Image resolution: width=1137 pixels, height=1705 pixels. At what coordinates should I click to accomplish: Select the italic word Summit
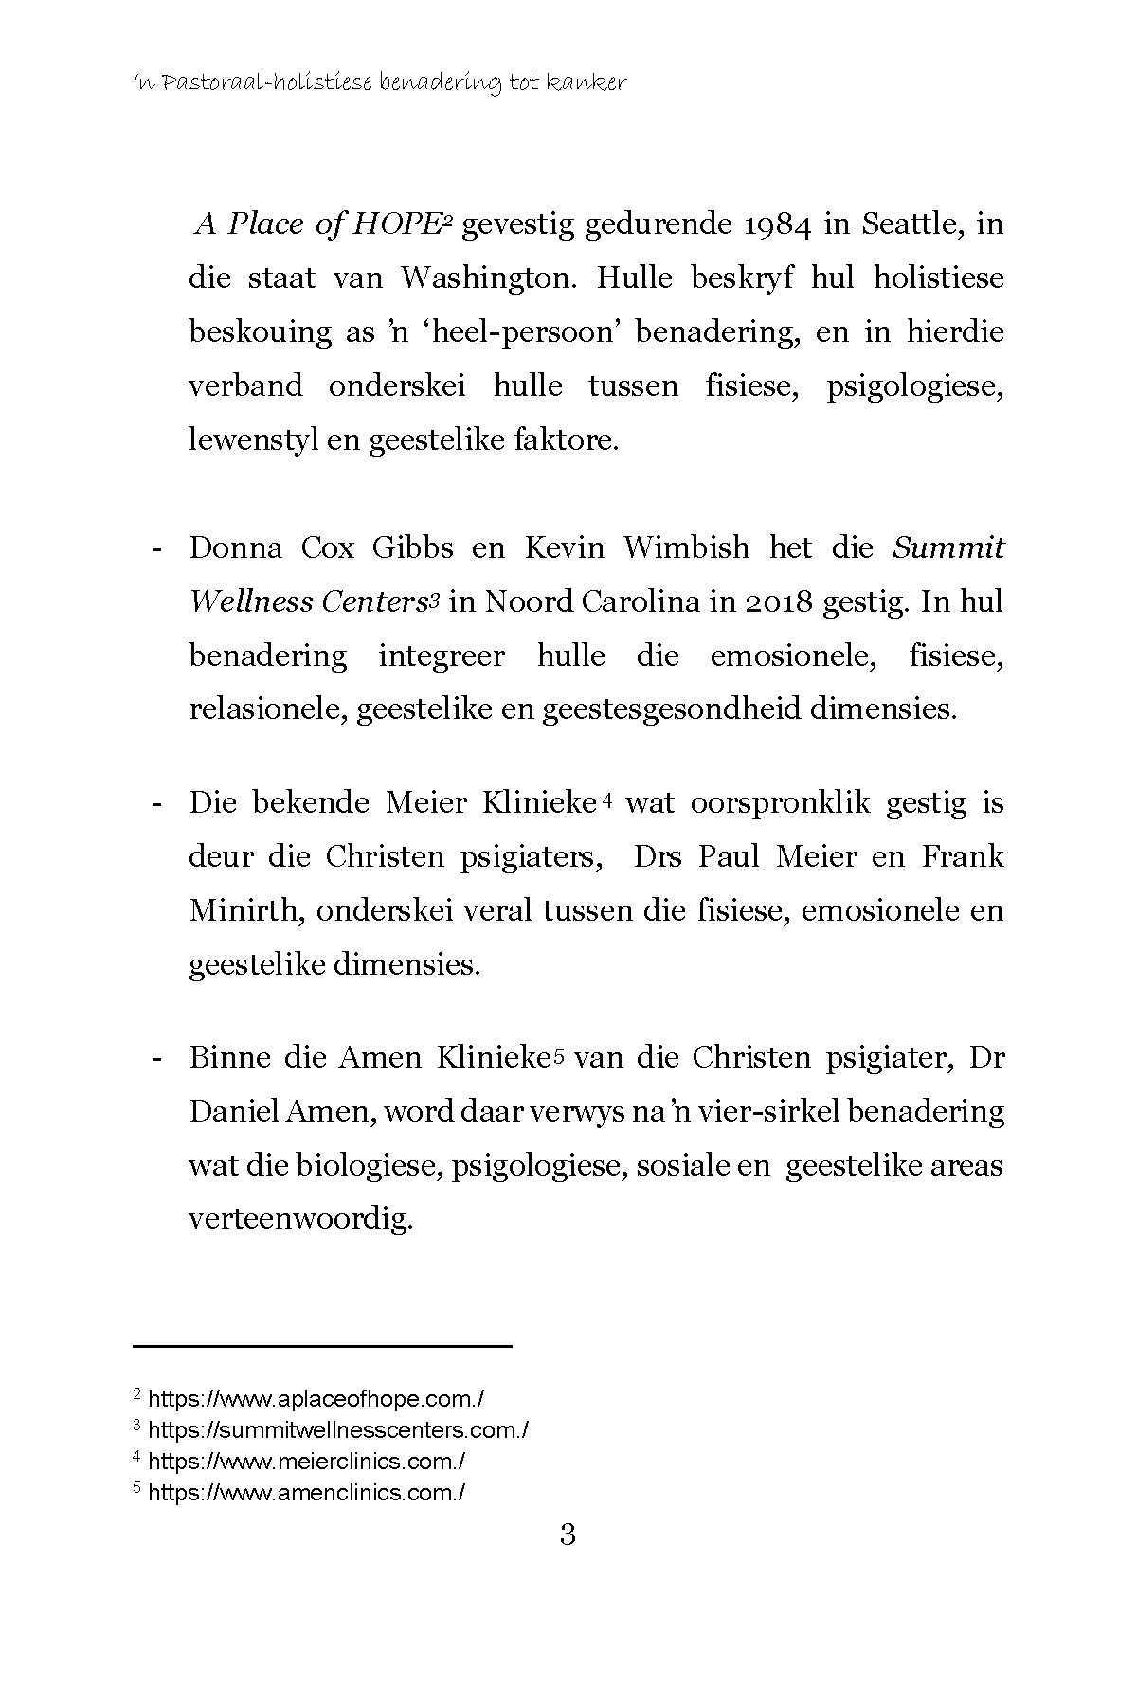(948, 548)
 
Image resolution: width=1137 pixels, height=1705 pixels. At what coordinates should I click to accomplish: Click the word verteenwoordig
(301, 1218)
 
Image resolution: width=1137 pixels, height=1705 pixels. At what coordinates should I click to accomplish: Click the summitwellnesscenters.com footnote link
(338, 1429)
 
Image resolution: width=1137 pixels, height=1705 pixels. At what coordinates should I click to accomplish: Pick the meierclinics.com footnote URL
(307, 1462)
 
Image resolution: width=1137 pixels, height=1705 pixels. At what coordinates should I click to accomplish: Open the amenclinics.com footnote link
(307, 1493)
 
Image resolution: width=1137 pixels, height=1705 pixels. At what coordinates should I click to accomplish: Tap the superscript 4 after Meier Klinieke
(607, 800)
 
